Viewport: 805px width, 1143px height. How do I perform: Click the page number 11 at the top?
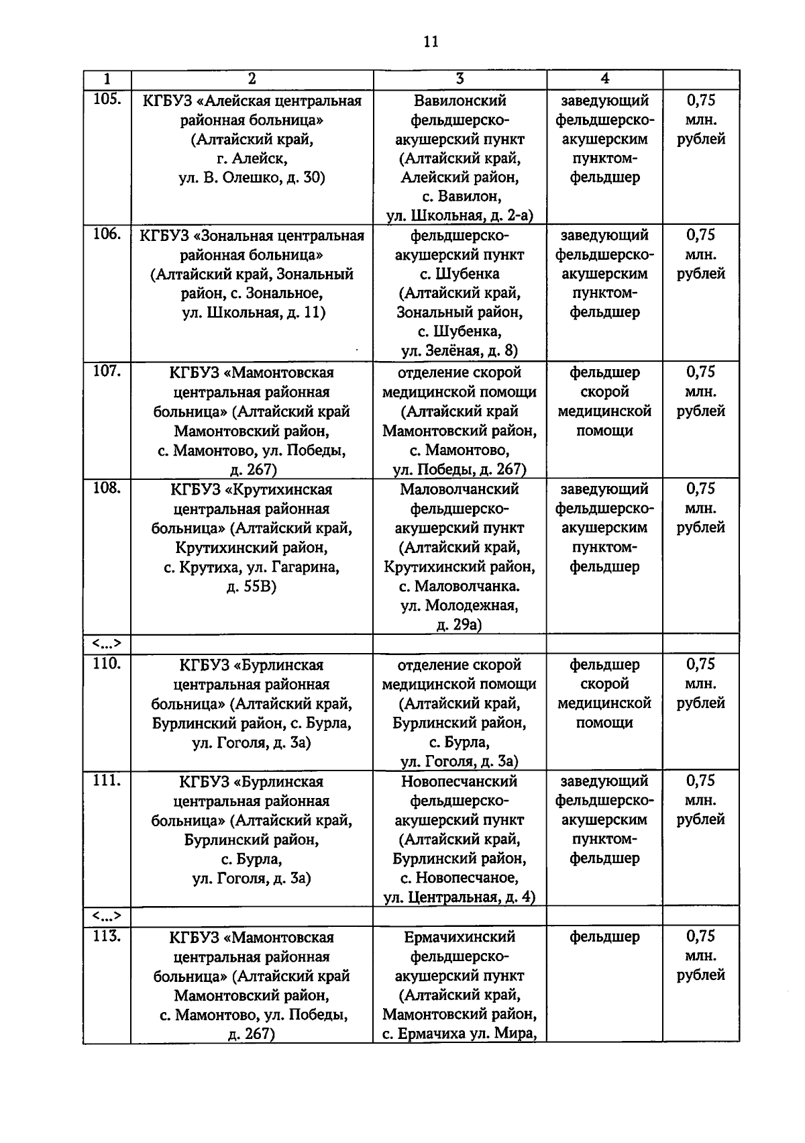(431, 42)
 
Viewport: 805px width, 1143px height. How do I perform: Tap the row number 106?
(107, 234)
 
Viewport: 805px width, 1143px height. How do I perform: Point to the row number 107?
(107, 371)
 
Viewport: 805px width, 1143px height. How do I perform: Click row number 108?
(107, 488)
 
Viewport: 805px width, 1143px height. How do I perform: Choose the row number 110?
(107, 664)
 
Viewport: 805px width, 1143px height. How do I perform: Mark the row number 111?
(107, 781)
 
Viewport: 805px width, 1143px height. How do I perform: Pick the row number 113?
(107, 936)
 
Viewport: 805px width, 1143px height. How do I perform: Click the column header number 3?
(460, 79)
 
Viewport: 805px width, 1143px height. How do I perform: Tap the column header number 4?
(604, 79)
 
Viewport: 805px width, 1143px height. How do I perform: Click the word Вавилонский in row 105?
(460, 101)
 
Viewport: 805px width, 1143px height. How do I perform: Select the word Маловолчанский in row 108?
(460, 489)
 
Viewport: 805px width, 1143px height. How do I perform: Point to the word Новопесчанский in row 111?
(460, 781)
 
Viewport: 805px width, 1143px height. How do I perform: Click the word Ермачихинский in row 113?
(460, 936)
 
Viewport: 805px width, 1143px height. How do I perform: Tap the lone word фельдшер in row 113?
(604, 936)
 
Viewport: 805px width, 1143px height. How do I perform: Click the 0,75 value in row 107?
(700, 372)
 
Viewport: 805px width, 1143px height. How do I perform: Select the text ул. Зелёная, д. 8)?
(460, 350)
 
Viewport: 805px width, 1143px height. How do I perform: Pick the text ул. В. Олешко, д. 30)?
(252, 178)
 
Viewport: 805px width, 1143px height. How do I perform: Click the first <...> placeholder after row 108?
(107, 644)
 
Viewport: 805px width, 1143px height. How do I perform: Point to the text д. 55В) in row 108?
(252, 587)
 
